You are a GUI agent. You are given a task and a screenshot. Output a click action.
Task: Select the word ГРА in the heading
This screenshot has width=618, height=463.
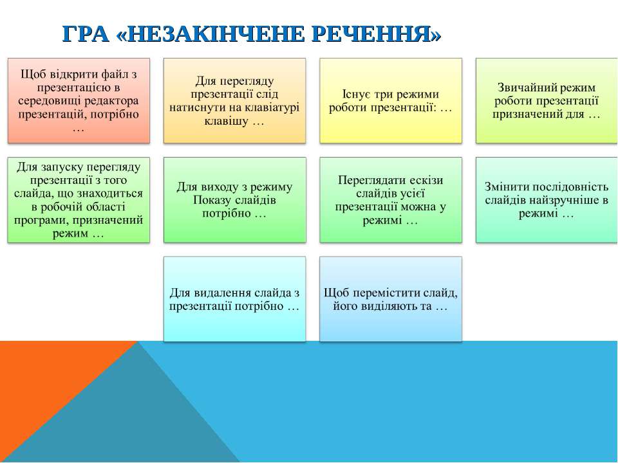tap(85, 34)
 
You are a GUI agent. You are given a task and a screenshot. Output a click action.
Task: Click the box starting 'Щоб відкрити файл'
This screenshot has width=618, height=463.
tap(79, 101)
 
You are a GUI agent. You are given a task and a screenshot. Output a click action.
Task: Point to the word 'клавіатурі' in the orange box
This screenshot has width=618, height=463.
tap(271, 107)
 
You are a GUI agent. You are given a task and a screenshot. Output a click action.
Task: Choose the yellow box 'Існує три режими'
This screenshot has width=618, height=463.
tap(391, 101)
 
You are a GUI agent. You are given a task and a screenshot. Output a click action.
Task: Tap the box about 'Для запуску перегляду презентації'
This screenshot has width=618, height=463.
tap(79, 200)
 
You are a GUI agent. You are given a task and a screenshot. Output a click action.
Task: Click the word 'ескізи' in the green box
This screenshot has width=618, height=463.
tap(426, 180)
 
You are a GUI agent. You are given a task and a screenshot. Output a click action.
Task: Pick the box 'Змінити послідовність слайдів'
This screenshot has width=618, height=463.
tap(547, 200)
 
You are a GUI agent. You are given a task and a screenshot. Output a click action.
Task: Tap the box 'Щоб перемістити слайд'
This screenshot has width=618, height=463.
tap(391, 299)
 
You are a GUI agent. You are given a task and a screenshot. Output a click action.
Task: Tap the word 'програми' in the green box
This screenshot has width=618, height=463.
tap(42, 220)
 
